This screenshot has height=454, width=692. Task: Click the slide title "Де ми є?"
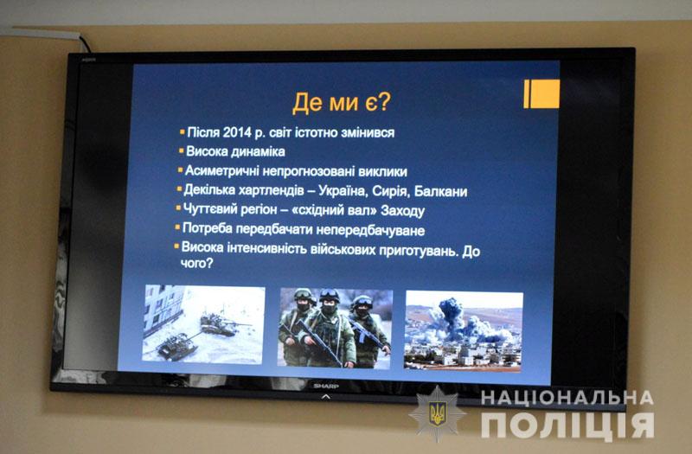click(341, 102)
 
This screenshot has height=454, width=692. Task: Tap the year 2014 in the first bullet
click(237, 132)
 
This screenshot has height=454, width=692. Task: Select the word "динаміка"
click(258, 152)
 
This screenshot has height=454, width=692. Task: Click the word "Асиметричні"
click(222, 170)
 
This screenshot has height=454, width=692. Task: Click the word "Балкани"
click(440, 191)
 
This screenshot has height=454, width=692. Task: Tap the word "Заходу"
click(402, 211)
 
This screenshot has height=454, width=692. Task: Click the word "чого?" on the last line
click(197, 264)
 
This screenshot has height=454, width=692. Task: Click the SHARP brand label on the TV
click(326, 386)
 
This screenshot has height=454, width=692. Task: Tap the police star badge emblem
click(438, 414)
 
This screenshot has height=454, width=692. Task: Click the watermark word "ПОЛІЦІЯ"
click(567, 425)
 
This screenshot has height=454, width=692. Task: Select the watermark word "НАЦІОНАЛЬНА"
click(567, 398)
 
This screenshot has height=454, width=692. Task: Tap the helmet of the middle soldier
click(330, 296)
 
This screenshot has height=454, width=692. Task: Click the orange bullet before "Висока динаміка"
click(181, 150)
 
